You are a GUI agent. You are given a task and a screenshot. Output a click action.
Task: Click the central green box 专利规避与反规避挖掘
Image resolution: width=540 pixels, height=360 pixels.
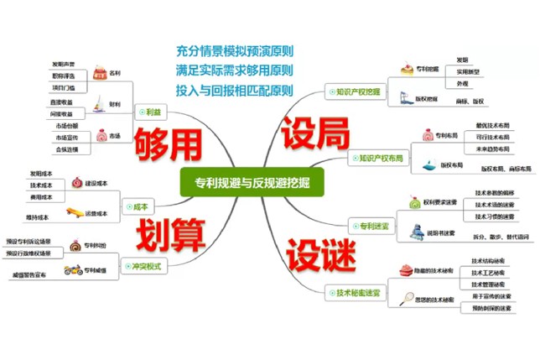[251, 182]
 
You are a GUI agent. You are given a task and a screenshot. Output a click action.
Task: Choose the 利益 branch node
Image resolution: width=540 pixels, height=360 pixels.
[152, 112]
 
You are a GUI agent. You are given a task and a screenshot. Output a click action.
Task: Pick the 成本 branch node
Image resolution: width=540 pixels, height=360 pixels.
[139, 206]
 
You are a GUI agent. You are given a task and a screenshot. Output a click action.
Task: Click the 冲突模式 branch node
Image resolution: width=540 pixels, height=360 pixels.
[146, 266]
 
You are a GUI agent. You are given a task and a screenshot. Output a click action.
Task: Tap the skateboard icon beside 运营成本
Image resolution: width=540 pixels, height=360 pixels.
[74, 214]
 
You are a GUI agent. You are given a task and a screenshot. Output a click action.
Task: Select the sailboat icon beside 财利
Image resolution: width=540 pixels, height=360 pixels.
[101, 105]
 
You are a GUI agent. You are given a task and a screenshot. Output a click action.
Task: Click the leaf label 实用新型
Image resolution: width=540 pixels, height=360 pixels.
[467, 72]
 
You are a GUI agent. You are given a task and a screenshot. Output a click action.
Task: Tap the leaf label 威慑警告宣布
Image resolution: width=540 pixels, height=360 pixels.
[29, 274]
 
